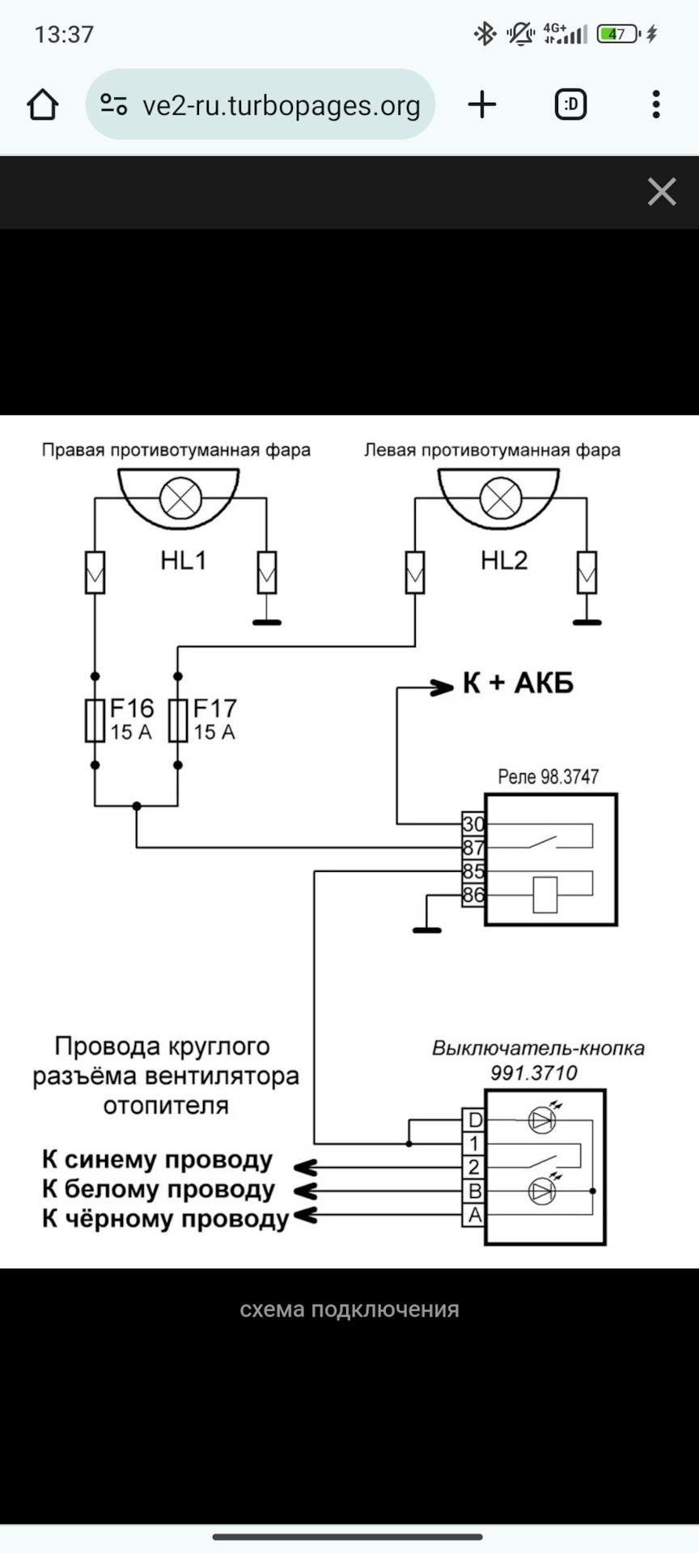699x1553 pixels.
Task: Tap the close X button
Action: coord(661,193)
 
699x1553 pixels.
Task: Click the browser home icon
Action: coord(43,104)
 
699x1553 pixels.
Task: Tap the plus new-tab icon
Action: coord(482,104)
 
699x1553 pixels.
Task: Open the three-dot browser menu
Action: coord(656,104)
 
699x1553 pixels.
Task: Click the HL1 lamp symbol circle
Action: coord(180,498)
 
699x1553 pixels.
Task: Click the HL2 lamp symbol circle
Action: coord(501,498)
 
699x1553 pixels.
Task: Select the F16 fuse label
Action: coord(132,709)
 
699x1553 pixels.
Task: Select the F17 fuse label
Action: coord(214,709)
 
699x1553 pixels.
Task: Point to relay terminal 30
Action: coord(473,823)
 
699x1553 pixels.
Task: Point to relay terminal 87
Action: coord(473,848)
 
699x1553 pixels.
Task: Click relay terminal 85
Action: coord(473,871)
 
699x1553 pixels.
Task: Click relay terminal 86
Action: coord(473,895)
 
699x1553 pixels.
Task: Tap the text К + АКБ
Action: coord(518,683)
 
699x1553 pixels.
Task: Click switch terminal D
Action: coord(474,1120)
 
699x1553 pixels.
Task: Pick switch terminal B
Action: coord(474,1191)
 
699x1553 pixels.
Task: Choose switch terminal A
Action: coord(474,1215)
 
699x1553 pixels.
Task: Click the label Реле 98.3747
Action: coord(548,777)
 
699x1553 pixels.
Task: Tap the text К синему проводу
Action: coord(158,1160)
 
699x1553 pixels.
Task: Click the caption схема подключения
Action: coord(349,1310)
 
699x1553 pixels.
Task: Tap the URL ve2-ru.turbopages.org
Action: coord(281,106)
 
